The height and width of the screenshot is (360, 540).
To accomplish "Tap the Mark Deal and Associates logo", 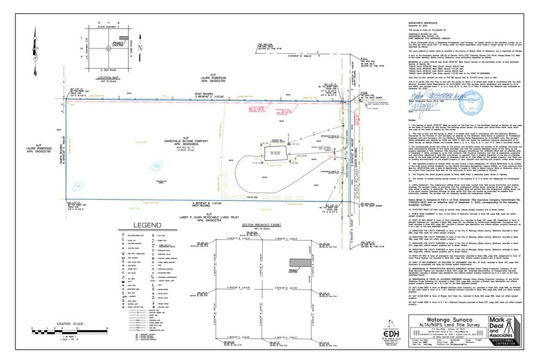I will click(x=503, y=332).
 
